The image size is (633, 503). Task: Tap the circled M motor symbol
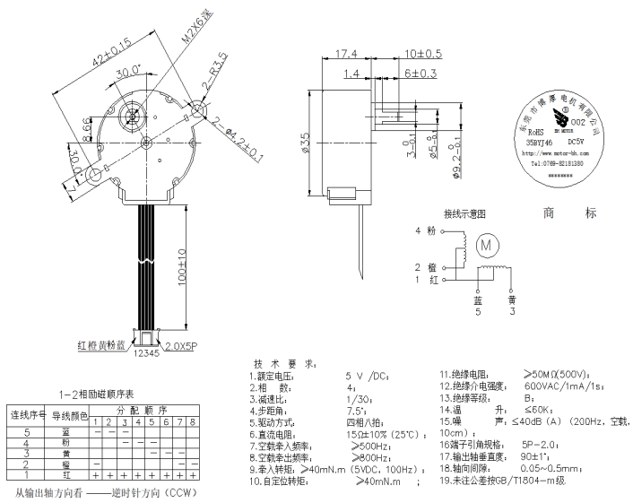487,243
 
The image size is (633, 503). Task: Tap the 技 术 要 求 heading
284,365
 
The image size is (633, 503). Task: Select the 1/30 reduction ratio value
356,398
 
